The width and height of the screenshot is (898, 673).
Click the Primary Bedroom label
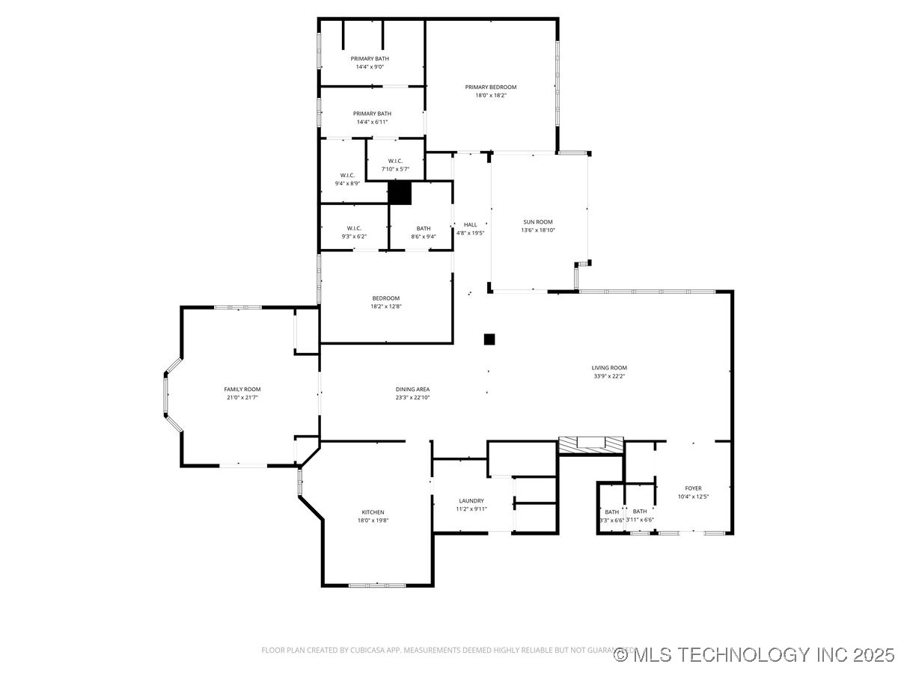pos(490,87)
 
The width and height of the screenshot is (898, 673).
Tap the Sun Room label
pos(538,221)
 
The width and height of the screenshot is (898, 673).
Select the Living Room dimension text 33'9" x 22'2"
pos(608,376)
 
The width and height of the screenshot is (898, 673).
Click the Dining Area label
pos(412,389)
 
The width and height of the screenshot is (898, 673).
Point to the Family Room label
pos(242,389)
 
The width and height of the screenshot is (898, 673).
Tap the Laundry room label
pos(471,501)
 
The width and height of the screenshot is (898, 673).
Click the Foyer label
pos(693,488)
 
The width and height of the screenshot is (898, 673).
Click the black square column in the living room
pos(489,339)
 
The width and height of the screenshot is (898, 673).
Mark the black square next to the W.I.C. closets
pos(400,193)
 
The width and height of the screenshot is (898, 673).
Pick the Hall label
pos(470,224)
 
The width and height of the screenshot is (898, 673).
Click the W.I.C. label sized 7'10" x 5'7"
pos(395,161)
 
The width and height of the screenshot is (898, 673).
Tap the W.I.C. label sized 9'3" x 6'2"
pos(354,228)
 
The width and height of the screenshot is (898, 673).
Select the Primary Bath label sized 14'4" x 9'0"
pos(370,58)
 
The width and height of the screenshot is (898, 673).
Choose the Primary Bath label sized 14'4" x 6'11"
pos(372,114)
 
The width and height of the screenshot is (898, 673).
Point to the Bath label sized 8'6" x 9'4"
pos(424,228)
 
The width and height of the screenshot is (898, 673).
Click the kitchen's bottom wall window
pos(377,584)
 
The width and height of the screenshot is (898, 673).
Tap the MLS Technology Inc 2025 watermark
pos(754,655)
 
